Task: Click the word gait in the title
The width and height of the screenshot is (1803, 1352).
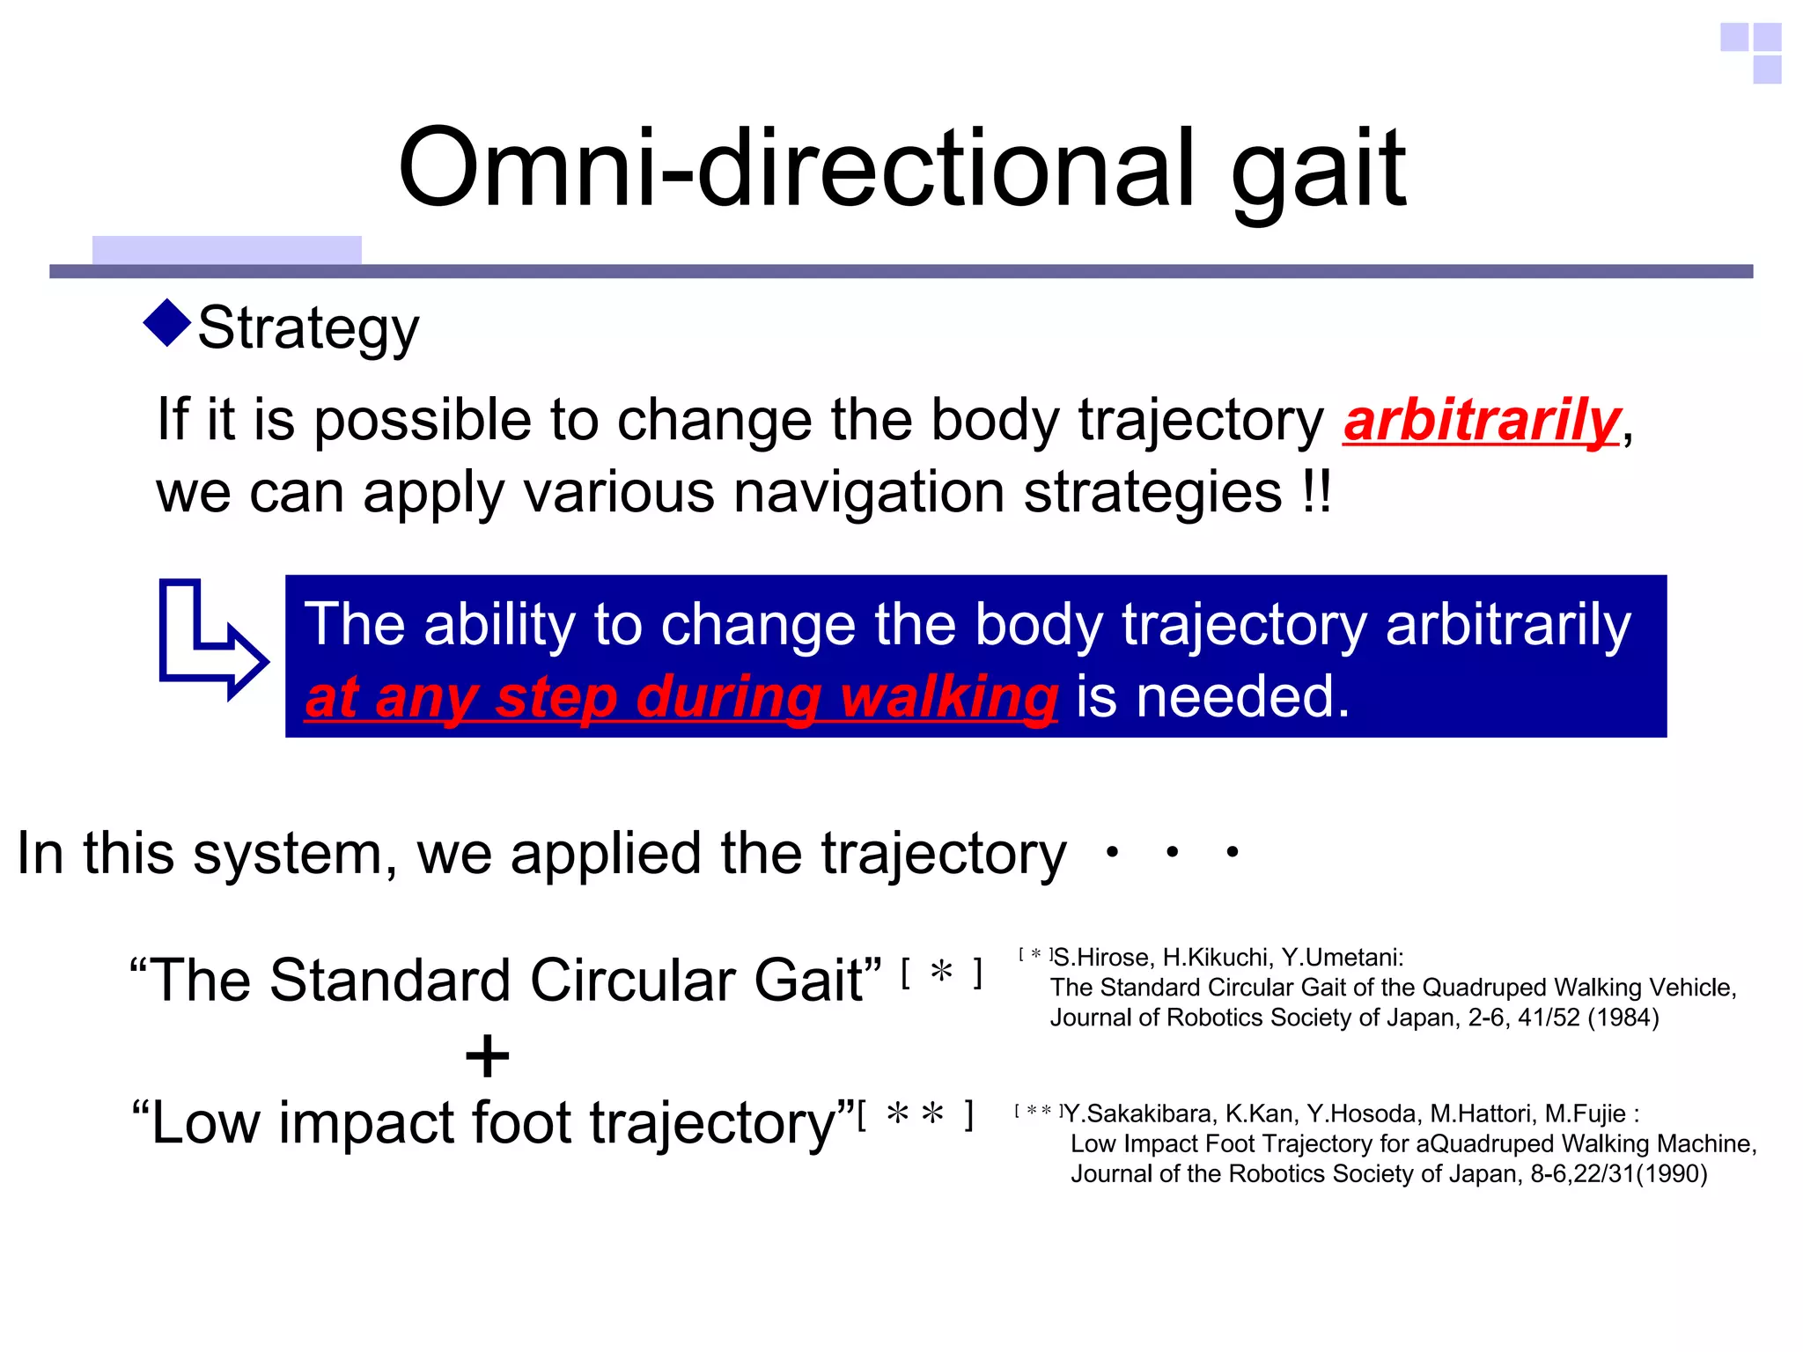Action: [1318, 172]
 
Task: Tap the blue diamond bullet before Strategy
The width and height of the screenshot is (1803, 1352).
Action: [166, 323]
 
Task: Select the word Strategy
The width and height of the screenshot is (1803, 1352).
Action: [308, 328]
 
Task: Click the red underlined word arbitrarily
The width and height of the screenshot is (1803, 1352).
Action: [1481, 421]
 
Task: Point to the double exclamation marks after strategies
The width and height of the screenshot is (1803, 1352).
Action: [1316, 491]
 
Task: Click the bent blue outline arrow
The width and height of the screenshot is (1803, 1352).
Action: [210, 640]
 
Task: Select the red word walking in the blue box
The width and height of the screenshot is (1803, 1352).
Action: [948, 697]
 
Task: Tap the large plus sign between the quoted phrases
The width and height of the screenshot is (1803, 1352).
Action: [487, 1055]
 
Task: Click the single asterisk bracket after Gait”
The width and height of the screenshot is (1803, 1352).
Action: [941, 973]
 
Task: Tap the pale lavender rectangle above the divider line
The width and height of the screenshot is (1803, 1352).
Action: [226, 250]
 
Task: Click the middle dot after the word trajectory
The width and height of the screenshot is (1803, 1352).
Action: [1172, 852]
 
